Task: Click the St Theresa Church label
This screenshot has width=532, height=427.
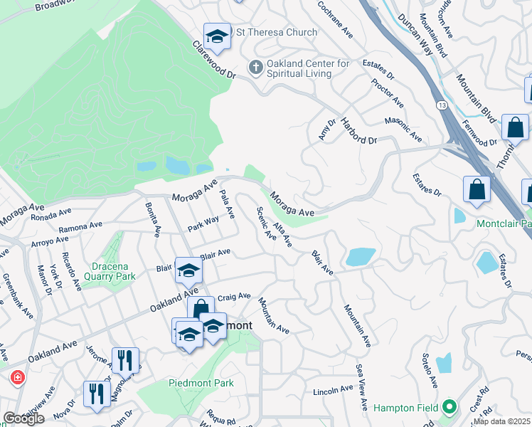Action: (x=277, y=32)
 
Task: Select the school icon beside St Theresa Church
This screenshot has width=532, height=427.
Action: (x=218, y=36)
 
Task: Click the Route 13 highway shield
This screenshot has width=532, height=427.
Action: (x=443, y=105)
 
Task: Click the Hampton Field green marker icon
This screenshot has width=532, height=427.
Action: (x=449, y=407)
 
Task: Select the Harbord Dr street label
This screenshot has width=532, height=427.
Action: (x=358, y=131)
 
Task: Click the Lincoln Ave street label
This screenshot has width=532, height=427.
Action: (x=333, y=391)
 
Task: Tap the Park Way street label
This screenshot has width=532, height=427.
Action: (x=203, y=223)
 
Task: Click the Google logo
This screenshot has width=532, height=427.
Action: (x=23, y=418)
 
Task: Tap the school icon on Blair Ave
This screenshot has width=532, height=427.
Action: (x=188, y=270)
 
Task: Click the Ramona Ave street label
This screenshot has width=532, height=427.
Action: (x=80, y=227)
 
